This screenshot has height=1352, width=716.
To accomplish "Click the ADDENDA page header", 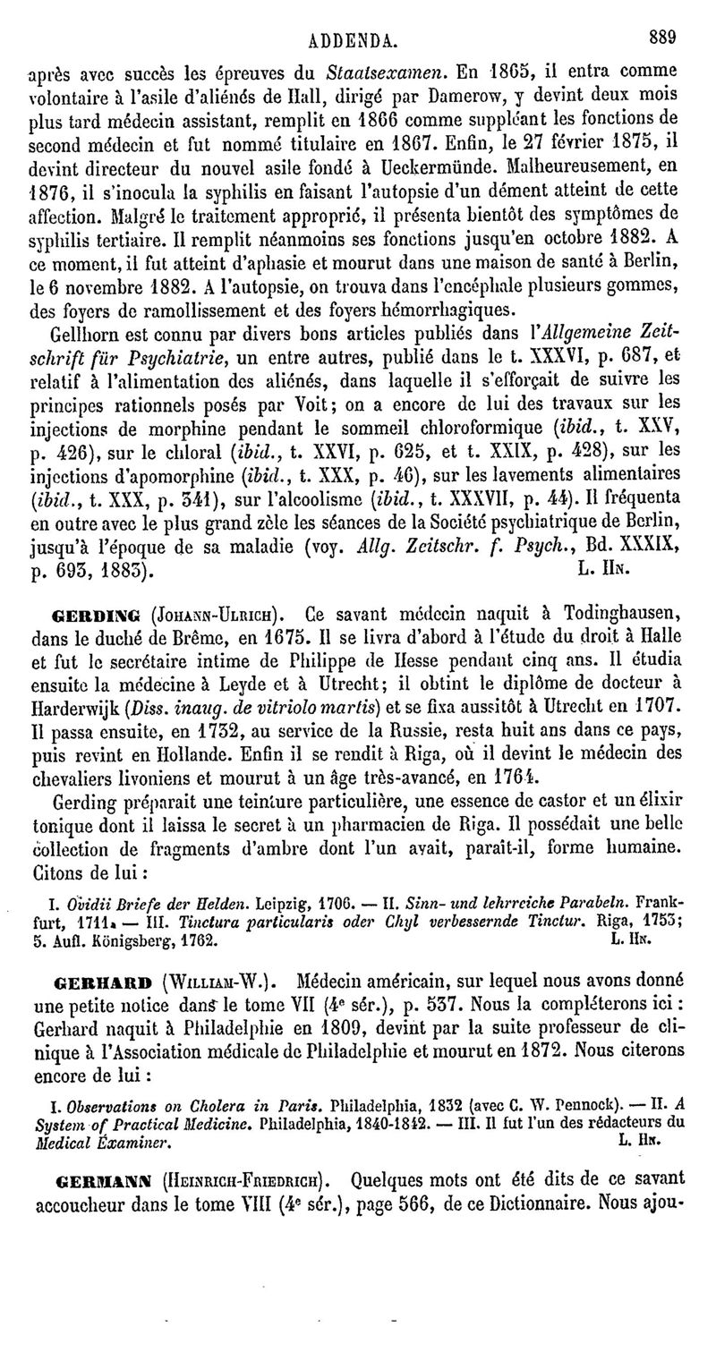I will point(359,39).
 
